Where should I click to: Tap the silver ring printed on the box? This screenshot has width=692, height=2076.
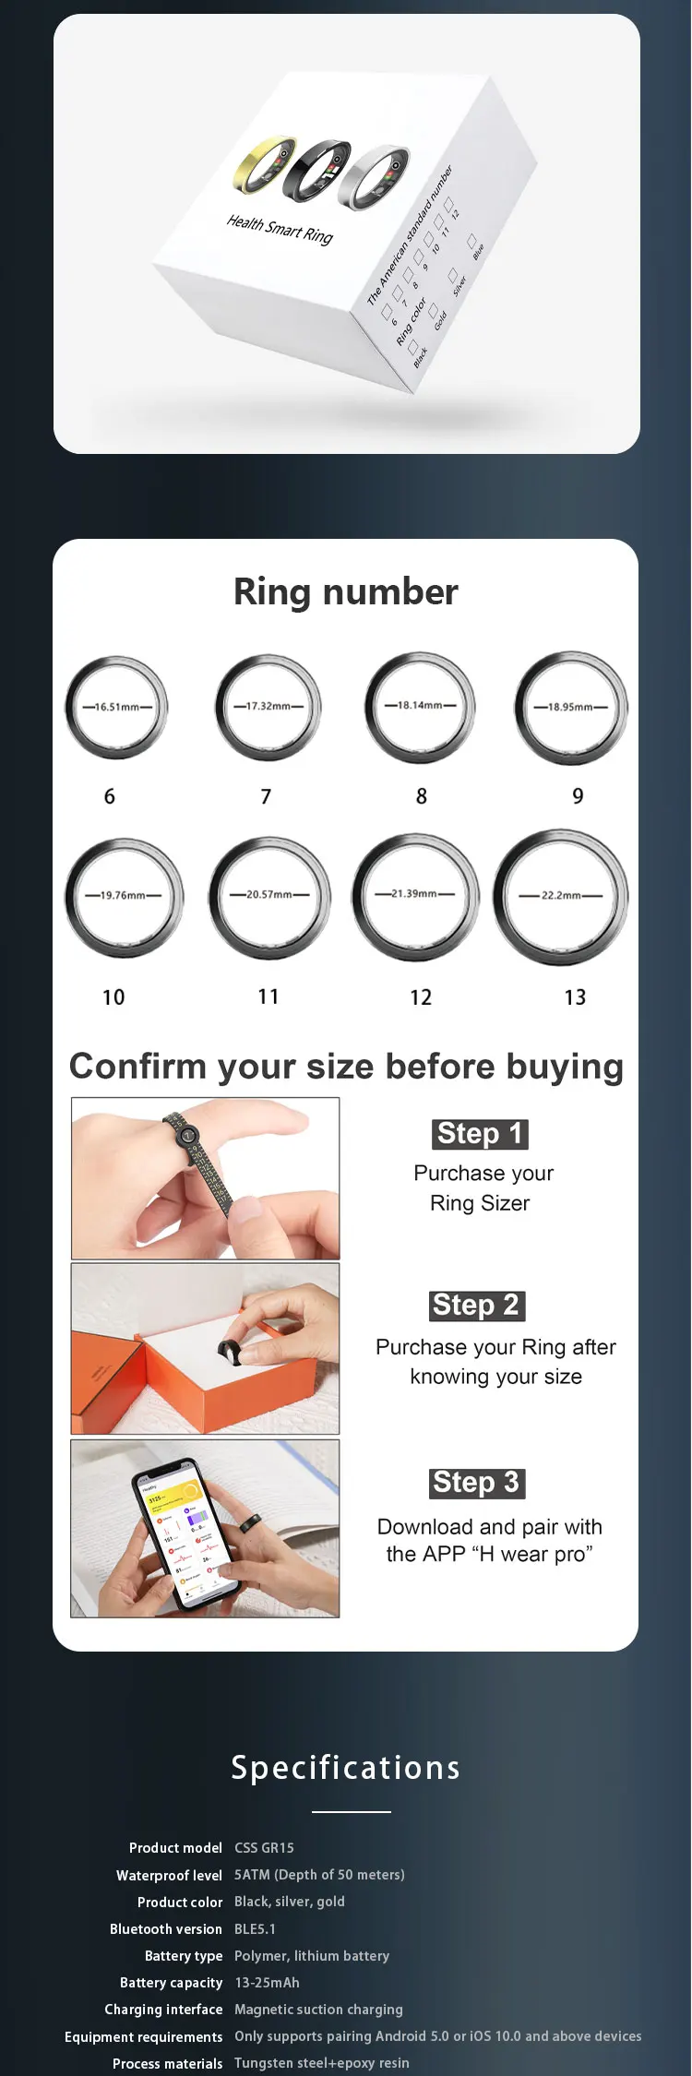pyautogui.click(x=374, y=176)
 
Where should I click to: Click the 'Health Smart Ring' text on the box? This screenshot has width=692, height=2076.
pyautogui.click(x=280, y=229)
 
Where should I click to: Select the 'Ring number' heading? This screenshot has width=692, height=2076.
pyautogui.click(x=346, y=591)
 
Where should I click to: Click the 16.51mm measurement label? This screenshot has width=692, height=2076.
pyautogui.click(x=117, y=707)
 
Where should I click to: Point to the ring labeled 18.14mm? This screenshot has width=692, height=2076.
pyautogui.click(x=420, y=707)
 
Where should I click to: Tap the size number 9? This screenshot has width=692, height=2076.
pyautogui.click(x=578, y=796)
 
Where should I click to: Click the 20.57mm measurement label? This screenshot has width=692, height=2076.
pyautogui.click(x=268, y=894)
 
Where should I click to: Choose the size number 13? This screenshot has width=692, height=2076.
pyautogui.click(x=575, y=997)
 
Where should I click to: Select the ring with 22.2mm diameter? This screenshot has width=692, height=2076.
pyautogui.click(x=561, y=897)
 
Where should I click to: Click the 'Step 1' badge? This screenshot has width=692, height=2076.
pyautogui.click(x=480, y=1133)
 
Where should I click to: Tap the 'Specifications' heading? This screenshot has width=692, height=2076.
pyautogui.click(x=346, y=1768)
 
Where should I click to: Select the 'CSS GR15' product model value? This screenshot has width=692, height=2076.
pyautogui.click(x=264, y=1847)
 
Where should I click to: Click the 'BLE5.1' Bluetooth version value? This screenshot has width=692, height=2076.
pyautogui.click(x=255, y=1928)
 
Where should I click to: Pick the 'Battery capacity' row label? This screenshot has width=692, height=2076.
pyautogui.click(x=171, y=1982)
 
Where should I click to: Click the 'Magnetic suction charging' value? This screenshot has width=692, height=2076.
pyautogui.click(x=318, y=2009)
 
